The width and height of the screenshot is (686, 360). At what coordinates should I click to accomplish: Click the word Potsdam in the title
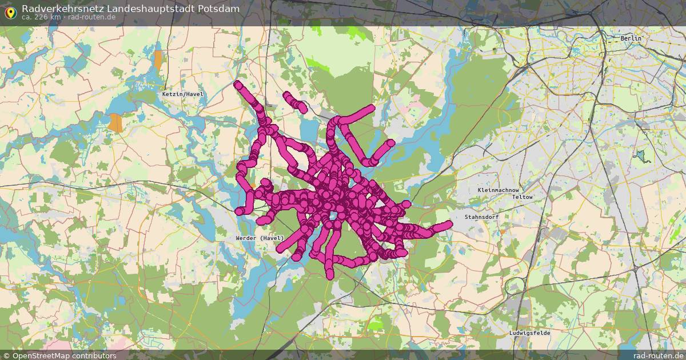[x=218, y=9]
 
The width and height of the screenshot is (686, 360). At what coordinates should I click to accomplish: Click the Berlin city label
[x=631, y=38]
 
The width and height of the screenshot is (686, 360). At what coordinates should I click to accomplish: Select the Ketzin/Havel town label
[x=182, y=94]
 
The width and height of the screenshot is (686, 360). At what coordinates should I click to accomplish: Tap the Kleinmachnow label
[x=498, y=190]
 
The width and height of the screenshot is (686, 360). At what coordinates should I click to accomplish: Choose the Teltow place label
[x=522, y=197]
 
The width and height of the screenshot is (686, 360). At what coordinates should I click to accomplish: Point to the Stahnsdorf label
[x=481, y=217]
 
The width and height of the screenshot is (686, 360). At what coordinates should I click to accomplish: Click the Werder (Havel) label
[x=260, y=238]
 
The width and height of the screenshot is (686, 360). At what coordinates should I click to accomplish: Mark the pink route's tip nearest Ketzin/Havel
[x=238, y=85]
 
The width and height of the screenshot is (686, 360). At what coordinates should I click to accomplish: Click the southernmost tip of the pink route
[x=330, y=275]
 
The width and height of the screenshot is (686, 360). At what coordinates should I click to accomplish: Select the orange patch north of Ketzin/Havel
[x=157, y=59]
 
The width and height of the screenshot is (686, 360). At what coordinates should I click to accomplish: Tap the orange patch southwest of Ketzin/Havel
[x=116, y=122]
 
